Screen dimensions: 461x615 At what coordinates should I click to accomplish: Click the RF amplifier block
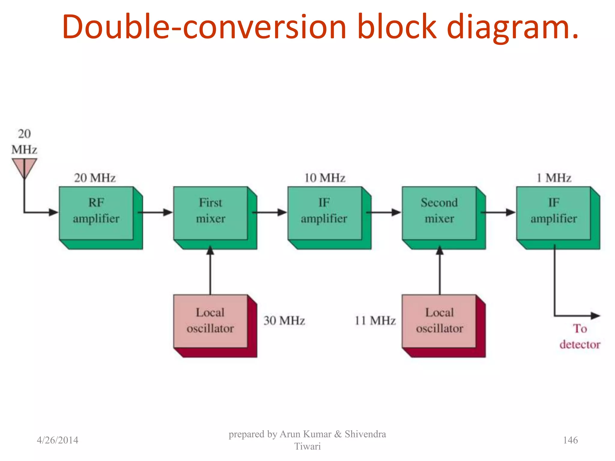pos(96,213)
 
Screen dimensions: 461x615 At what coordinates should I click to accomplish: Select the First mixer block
pos(211,213)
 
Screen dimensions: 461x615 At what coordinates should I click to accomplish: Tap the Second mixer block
pos(439,213)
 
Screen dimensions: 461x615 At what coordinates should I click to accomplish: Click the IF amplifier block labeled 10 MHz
pos(325,213)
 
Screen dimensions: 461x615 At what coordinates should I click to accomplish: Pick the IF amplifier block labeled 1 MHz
pos(553,213)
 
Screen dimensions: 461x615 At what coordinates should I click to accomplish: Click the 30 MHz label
pos(284,321)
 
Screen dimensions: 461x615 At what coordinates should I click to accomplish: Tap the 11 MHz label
pos(375,321)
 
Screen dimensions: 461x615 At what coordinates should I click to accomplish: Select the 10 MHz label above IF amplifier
pos(325,178)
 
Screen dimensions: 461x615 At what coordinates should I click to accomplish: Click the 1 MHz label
pos(553,178)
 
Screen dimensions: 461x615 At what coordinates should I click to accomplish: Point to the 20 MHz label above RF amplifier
pos(95,178)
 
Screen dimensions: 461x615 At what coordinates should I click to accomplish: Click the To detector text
pos(580,336)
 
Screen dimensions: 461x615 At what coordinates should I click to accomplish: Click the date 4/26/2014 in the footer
pos(57,440)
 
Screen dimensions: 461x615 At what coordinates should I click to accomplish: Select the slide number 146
pos(570,440)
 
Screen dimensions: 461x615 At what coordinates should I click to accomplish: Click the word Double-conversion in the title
pos(204,27)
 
